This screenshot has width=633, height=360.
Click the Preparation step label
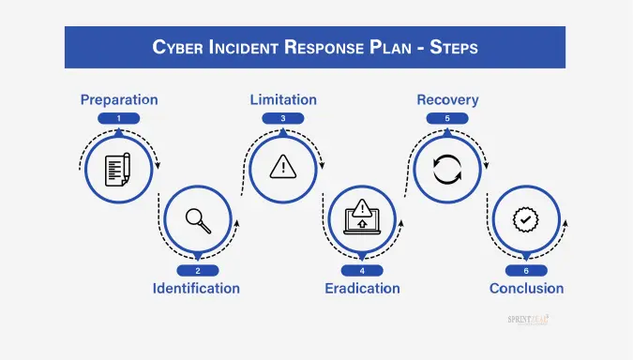(x=118, y=99)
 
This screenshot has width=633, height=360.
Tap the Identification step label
(x=196, y=288)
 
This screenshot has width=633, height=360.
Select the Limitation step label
(x=282, y=99)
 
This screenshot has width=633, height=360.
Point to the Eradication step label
(x=362, y=288)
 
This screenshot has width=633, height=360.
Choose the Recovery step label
(x=447, y=99)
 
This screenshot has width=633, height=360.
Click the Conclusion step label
(x=526, y=288)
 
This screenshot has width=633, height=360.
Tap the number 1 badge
(x=118, y=118)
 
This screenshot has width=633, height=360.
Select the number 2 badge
(x=197, y=270)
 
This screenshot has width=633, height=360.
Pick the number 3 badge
(x=282, y=118)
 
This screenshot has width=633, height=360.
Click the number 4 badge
(x=362, y=270)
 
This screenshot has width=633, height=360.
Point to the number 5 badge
(x=447, y=118)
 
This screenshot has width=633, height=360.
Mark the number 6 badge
(x=526, y=270)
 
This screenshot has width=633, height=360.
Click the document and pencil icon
(x=118, y=170)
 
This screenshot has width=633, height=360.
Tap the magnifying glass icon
(x=197, y=219)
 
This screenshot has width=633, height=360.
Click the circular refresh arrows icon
(x=447, y=170)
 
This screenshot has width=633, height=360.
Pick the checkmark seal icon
(x=526, y=219)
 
